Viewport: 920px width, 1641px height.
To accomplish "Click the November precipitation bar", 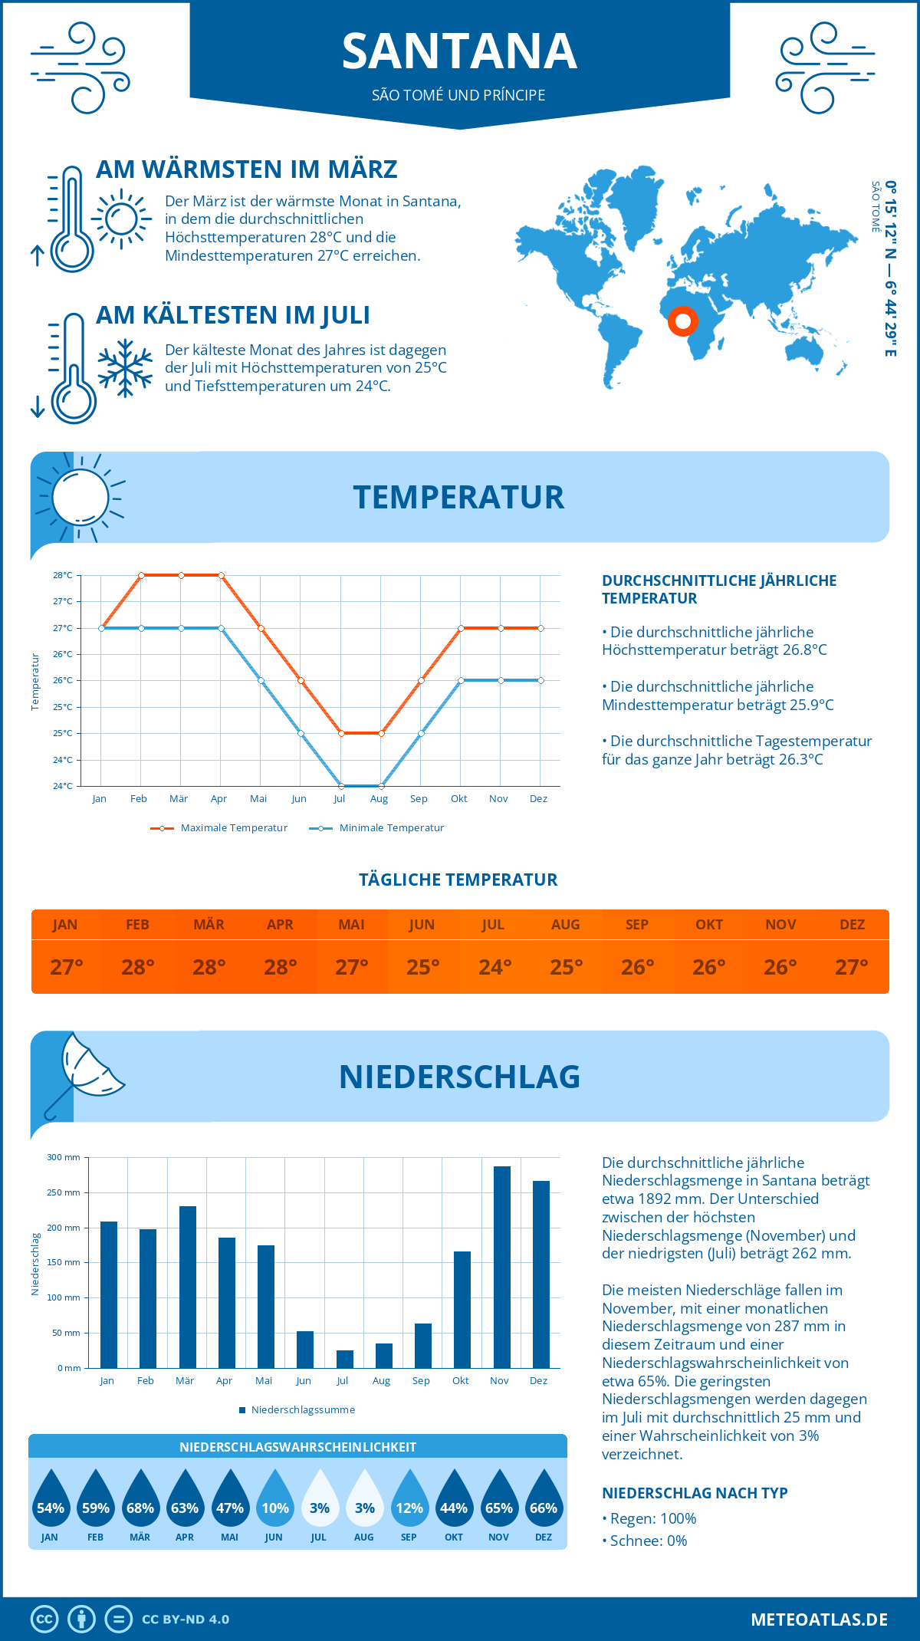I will click(x=501, y=1267).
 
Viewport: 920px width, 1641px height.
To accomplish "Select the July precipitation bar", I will click(x=345, y=1359).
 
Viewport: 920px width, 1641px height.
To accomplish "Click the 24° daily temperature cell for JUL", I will click(x=495, y=967).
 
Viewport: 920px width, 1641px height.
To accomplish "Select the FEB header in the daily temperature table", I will click(x=137, y=925).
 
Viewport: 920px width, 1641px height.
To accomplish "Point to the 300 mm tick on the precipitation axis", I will click(x=64, y=1157).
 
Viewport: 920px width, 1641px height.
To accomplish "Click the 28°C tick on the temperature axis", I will click(x=63, y=575).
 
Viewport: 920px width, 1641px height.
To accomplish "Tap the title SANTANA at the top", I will click(x=459, y=51).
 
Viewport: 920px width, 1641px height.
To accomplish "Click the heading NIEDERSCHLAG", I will click(x=459, y=1077).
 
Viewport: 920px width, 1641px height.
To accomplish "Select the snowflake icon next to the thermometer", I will click(x=125, y=367).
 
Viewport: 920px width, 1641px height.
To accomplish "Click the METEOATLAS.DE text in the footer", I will click(x=819, y=1620).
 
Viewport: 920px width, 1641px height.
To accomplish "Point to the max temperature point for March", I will click(x=182, y=575).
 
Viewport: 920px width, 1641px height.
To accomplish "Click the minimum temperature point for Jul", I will click(x=341, y=786).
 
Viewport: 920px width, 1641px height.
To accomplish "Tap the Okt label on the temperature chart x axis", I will click(x=458, y=799).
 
